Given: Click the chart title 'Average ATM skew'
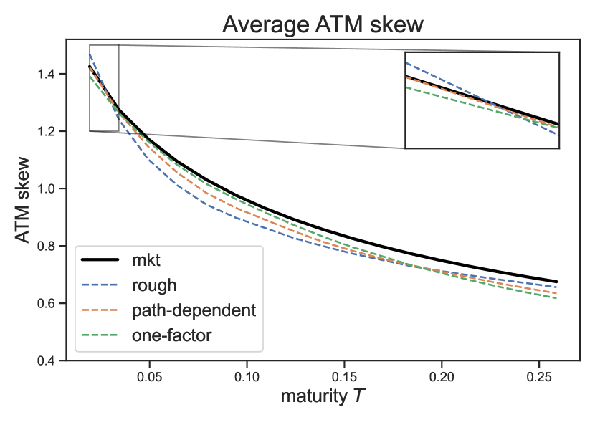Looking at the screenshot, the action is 323,24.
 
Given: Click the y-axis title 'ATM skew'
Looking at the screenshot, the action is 23,199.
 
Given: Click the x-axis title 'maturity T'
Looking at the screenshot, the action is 323,396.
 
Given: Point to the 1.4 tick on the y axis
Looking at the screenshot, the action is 46,74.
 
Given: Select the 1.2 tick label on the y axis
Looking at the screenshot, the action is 46,131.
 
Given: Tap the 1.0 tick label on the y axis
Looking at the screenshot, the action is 46,188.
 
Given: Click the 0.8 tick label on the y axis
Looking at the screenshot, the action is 46,246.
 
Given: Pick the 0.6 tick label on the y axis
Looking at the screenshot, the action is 46,303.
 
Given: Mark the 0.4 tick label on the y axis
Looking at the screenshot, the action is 46,360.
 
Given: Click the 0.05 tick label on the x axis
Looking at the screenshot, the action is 150,377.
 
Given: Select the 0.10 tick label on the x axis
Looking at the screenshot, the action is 247,377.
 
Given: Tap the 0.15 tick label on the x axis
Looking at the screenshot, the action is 345,377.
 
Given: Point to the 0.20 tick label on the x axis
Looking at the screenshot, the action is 442,377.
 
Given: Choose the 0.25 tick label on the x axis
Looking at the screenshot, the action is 539,377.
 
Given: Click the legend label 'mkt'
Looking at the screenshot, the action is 146,260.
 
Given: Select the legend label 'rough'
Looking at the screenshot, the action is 154,286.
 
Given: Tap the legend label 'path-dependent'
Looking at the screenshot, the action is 194,310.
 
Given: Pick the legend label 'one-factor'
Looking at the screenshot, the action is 171,335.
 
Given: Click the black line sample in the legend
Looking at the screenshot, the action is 100,260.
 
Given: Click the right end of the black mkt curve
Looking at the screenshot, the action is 557,282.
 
